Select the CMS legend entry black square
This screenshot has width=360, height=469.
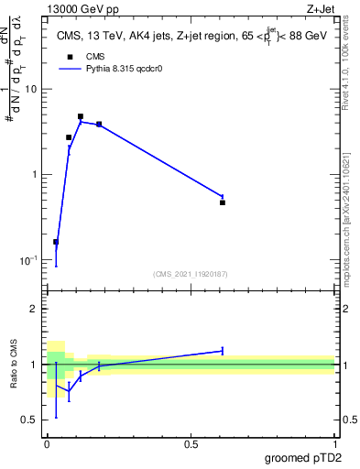(x=70, y=57)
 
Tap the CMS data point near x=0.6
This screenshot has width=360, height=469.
(x=223, y=202)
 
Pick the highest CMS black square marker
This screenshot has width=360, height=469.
(x=81, y=116)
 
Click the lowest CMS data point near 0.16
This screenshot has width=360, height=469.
(x=56, y=242)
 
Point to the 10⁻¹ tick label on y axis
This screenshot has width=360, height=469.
(x=27, y=260)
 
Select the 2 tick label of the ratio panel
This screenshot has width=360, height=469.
(x=34, y=309)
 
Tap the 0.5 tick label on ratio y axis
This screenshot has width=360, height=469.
(x=29, y=420)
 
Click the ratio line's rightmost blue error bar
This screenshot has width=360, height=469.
(x=223, y=350)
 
